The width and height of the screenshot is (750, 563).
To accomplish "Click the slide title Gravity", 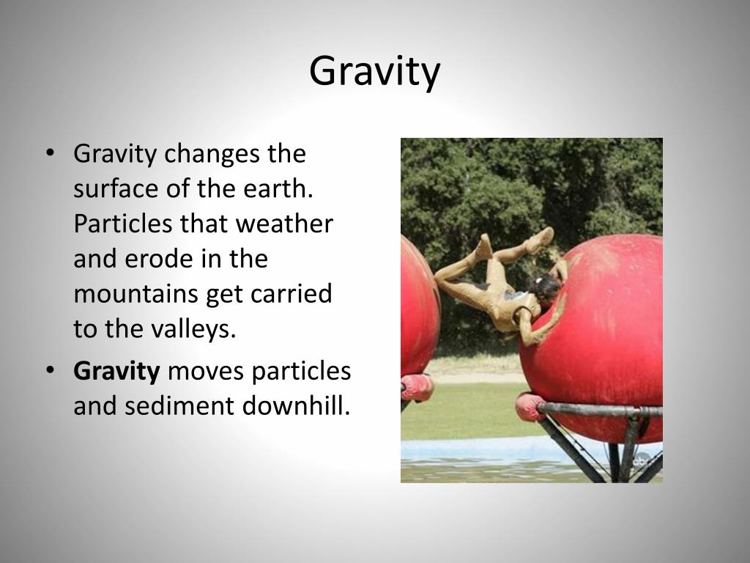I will pyautogui.click(x=374, y=72).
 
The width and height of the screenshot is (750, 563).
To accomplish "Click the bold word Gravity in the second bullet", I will pyautogui.click(x=116, y=372).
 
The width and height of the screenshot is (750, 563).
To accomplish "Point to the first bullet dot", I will pyautogui.click(x=50, y=154).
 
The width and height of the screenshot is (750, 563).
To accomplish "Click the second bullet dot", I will pyautogui.click(x=50, y=371).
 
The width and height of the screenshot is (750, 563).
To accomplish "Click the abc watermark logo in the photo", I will pyautogui.click(x=642, y=460).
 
